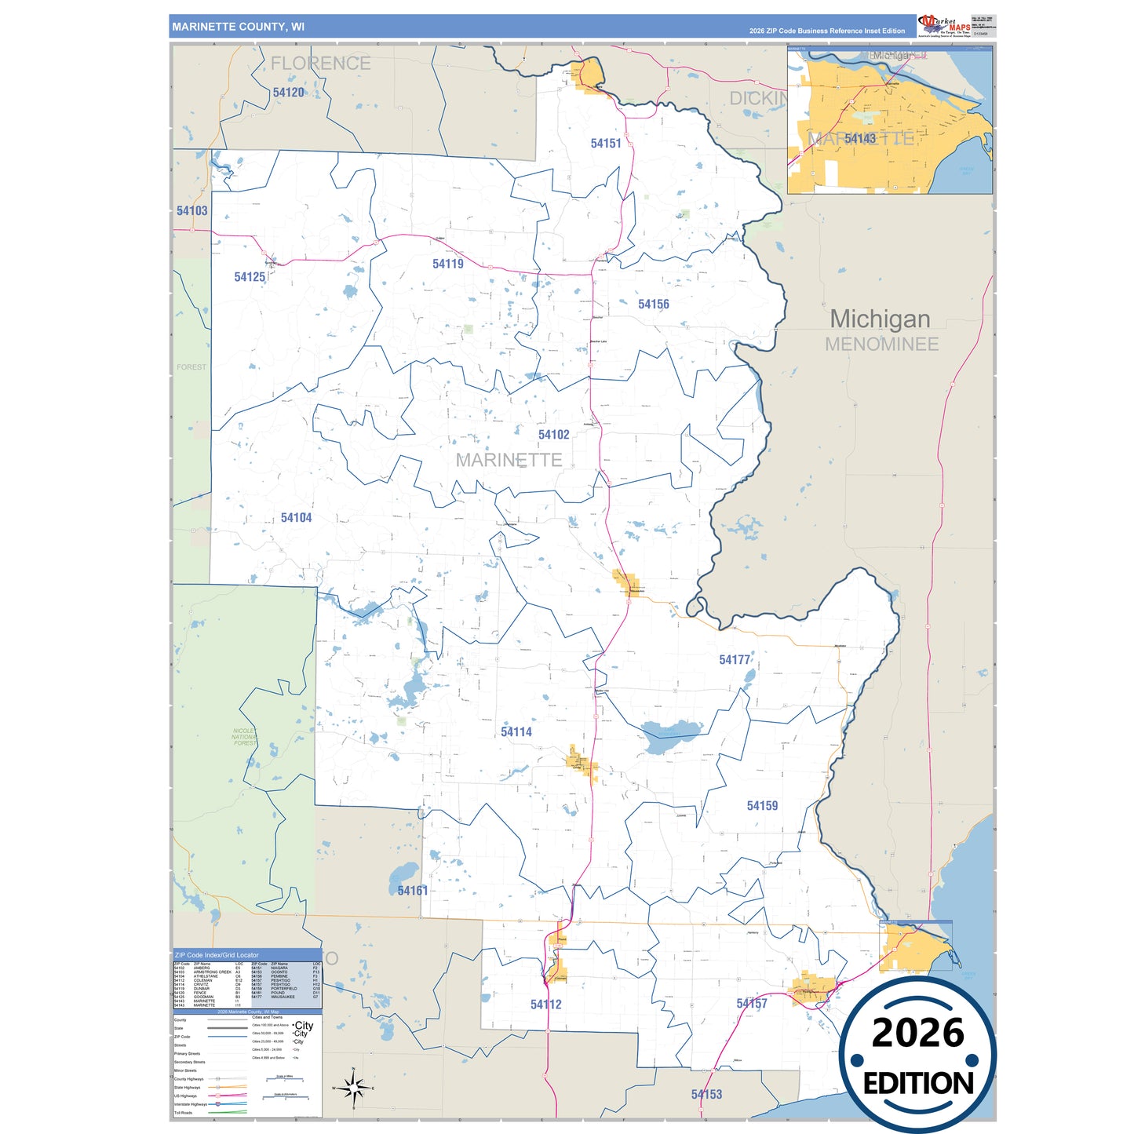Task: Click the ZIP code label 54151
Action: click(605, 144)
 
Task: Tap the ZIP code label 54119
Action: click(447, 264)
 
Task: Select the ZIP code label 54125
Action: click(250, 277)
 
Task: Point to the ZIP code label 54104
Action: click(296, 518)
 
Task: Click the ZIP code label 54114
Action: click(516, 732)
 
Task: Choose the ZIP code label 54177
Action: click(735, 660)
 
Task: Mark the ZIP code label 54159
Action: click(762, 806)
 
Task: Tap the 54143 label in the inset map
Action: click(859, 139)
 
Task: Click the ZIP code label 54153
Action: click(706, 1095)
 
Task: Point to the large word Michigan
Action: click(880, 319)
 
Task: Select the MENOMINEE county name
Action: click(881, 345)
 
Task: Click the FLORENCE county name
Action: click(320, 64)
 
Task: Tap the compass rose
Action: click(353, 1088)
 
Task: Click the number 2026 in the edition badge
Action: click(917, 1033)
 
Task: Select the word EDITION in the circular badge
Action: click(918, 1084)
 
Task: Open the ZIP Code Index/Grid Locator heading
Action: click(217, 955)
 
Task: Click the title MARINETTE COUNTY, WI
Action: click(238, 27)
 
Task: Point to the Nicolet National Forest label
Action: click(244, 737)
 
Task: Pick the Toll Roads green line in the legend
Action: click(228, 1112)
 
